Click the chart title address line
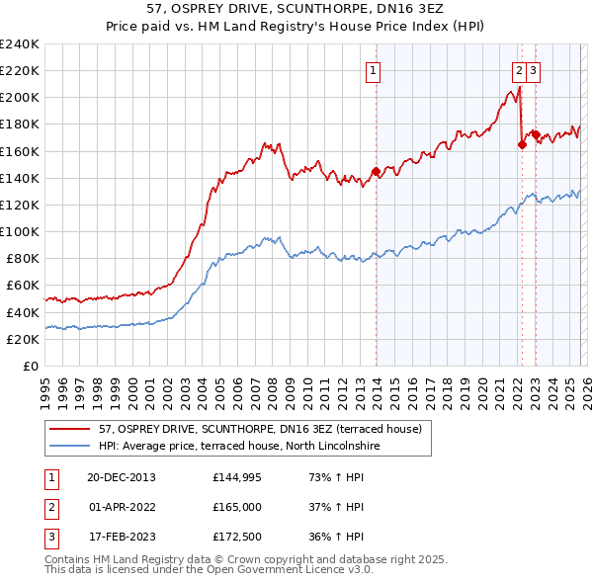click(x=296, y=8)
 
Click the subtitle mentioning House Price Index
click(x=296, y=25)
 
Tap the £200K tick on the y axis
click(x=19, y=98)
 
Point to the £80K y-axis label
click(x=22, y=258)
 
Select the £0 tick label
click(x=30, y=366)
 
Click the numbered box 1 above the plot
click(x=374, y=70)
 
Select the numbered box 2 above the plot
click(x=519, y=70)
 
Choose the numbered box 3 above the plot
click(x=533, y=70)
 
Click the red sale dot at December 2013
click(x=376, y=171)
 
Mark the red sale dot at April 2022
click(x=521, y=144)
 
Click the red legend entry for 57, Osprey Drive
click(x=260, y=429)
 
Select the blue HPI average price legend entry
click(x=238, y=447)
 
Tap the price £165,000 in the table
click(x=237, y=507)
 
